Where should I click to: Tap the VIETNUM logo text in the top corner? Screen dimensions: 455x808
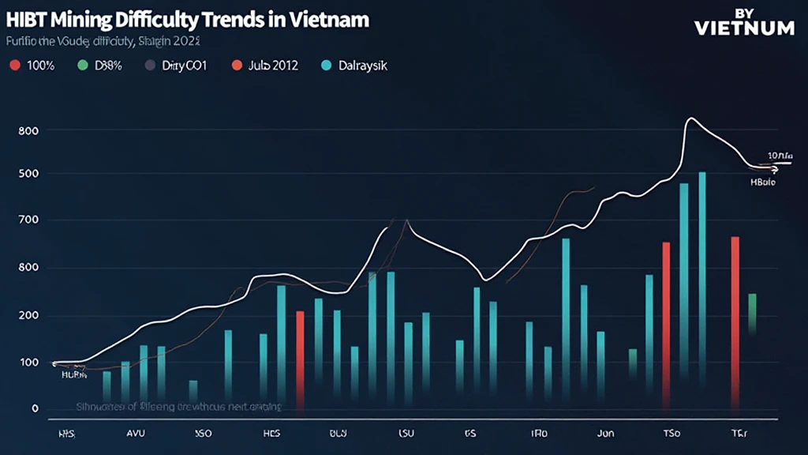click(744, 28)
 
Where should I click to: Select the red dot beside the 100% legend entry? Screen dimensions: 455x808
click(13, 66)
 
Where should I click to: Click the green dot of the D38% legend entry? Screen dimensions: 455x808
click(83, 66)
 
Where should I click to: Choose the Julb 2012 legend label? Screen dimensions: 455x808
click(273, 66)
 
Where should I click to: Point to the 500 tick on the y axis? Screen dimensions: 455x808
click(29, 174)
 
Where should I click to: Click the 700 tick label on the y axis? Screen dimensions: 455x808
click(29, 220)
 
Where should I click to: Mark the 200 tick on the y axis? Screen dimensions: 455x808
click(29, 316)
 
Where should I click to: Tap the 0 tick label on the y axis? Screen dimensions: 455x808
click(35, 408)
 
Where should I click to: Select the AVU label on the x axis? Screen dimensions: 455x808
click(137, 434)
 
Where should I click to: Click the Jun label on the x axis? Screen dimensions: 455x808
click(605, 434)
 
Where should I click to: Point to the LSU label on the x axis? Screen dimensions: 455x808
click(406, 434)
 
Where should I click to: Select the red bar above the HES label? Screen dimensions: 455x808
click(300, 355)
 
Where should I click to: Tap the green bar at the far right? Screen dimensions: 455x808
click(752, 312)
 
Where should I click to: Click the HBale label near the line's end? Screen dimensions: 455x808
click(762, 182)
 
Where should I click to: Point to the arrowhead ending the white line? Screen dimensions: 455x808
click(775, 168)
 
